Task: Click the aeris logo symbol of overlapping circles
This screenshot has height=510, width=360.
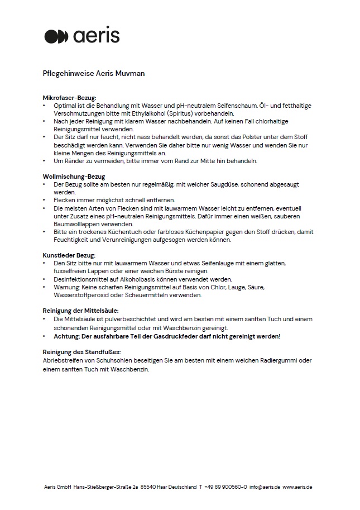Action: point(56,36)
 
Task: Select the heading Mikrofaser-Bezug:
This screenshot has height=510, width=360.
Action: point(70,98)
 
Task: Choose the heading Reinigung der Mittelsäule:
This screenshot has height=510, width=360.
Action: point(80,311)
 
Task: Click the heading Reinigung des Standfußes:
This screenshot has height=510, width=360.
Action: point(81,352)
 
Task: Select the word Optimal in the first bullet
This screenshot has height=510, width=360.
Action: point(64,105)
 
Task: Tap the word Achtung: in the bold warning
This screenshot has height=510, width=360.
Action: point(69,337)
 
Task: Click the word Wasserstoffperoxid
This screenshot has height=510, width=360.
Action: point(81,295)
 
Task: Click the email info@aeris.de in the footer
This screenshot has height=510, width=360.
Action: point(265,487)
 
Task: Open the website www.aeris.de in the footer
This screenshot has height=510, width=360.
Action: point(297,487)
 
